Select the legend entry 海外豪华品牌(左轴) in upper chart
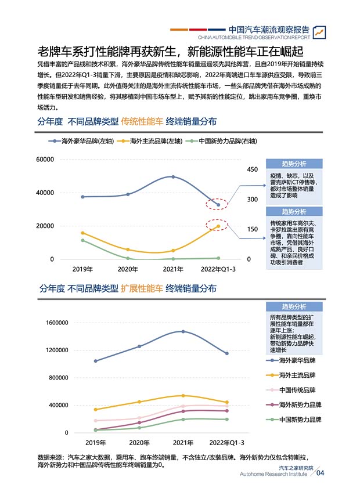87,141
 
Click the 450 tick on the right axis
252,169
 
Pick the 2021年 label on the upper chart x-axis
173,269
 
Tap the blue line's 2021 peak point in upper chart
173,176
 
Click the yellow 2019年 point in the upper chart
82,233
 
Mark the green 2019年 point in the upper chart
82,240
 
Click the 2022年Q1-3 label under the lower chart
226,443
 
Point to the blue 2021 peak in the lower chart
183,331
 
